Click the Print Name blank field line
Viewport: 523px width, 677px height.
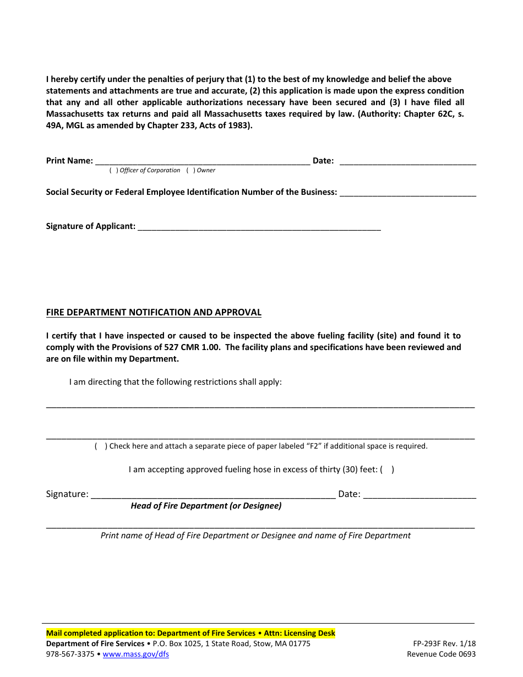[x=203, y=161]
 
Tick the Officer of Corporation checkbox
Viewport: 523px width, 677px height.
[x=113, y=171]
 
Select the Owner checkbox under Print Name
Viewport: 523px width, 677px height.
[x=190, y=171]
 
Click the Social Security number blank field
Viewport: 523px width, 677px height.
[x=407, y=192]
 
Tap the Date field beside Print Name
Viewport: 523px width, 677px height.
[x=407, y=161]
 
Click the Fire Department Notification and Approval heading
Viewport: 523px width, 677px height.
[x=154, y=312]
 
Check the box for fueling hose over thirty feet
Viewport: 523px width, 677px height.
[x=387, y=469]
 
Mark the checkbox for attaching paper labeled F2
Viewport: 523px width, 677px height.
[x=101, y=446]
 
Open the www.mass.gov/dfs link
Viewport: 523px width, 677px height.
[x=136, y=654]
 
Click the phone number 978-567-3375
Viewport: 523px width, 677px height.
[x=70, y=654]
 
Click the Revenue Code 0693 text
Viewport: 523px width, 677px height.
[x=441, y=654]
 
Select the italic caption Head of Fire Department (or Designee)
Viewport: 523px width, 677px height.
[x=206, y=506]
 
